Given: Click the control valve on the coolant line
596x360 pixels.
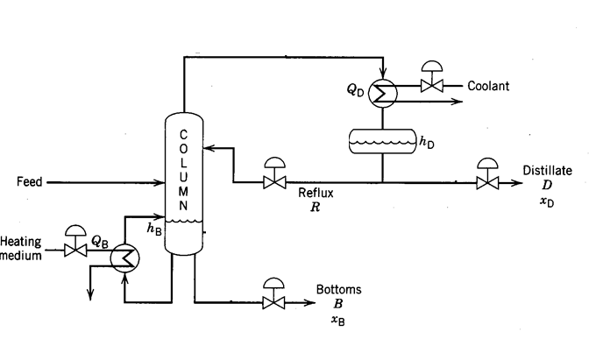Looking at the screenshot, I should [431, 86].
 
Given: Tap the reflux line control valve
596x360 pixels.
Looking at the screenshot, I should [275, 182].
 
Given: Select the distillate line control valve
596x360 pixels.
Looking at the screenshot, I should [485, 182].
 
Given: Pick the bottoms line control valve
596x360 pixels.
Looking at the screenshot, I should [275, 302].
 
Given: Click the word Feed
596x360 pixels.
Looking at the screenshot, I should [31, 182].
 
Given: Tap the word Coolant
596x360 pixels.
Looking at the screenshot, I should [488, 86].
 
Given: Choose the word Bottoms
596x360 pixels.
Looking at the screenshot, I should [338, 290].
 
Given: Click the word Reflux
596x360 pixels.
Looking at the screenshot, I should [314, 193].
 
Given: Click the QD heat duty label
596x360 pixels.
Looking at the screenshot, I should [355, 89].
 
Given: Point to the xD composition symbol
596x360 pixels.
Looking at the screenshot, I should [548, 203].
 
